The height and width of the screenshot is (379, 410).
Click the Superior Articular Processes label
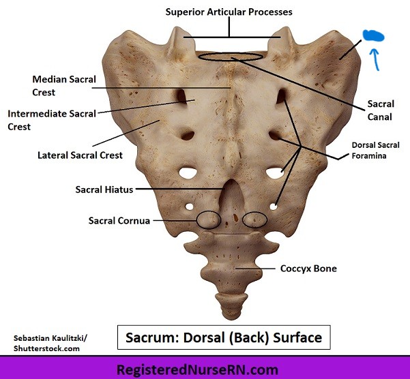pos(229,12)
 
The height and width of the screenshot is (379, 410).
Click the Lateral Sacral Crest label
pos(80,155)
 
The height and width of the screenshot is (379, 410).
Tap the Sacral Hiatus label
pos(104,189)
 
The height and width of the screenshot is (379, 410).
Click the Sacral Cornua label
pos(119,221)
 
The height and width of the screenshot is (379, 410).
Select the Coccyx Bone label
pos(308,269)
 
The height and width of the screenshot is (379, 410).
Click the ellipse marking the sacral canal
pos(230,57)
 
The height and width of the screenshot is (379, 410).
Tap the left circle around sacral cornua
pos(209,219)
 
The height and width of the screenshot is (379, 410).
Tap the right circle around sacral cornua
pos(254,219)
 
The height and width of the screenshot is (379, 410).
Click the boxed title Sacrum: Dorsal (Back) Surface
pos(224,337)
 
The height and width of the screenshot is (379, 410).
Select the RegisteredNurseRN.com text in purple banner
pos(205,369)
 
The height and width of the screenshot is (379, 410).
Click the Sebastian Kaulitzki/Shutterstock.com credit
pos(46,343)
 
